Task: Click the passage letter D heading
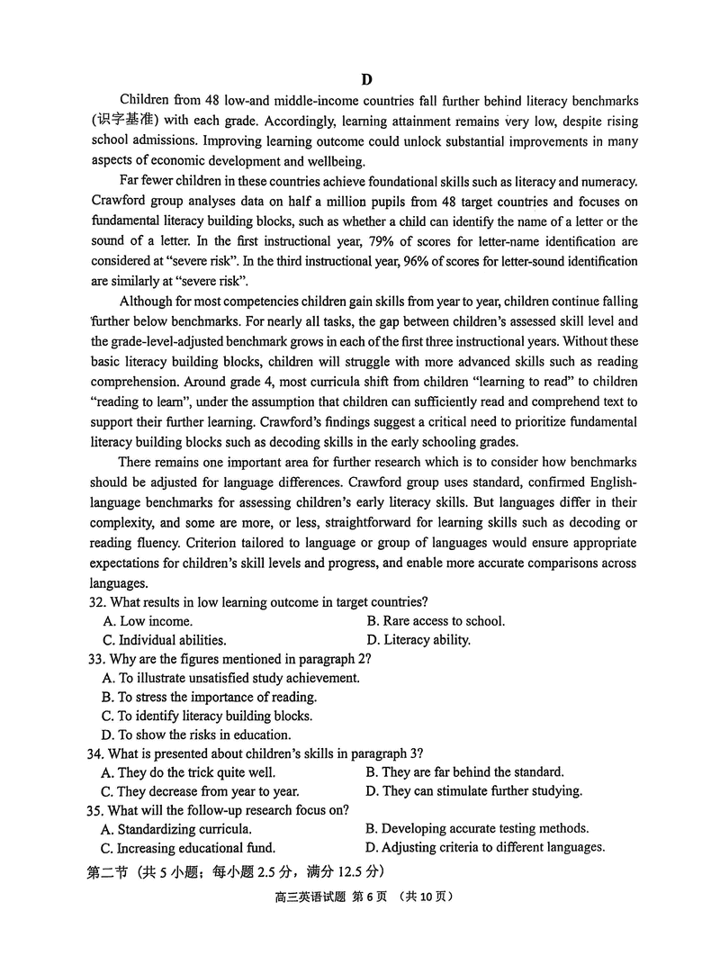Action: coord(366,79)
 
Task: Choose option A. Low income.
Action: coord(148,621)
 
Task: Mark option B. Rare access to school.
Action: coord(436,621)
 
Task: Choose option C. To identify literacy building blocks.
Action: coord(208,716)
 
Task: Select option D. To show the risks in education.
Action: coord(197,735)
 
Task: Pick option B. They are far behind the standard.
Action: coord(465,772)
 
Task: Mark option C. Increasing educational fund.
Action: coord(189,847)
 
